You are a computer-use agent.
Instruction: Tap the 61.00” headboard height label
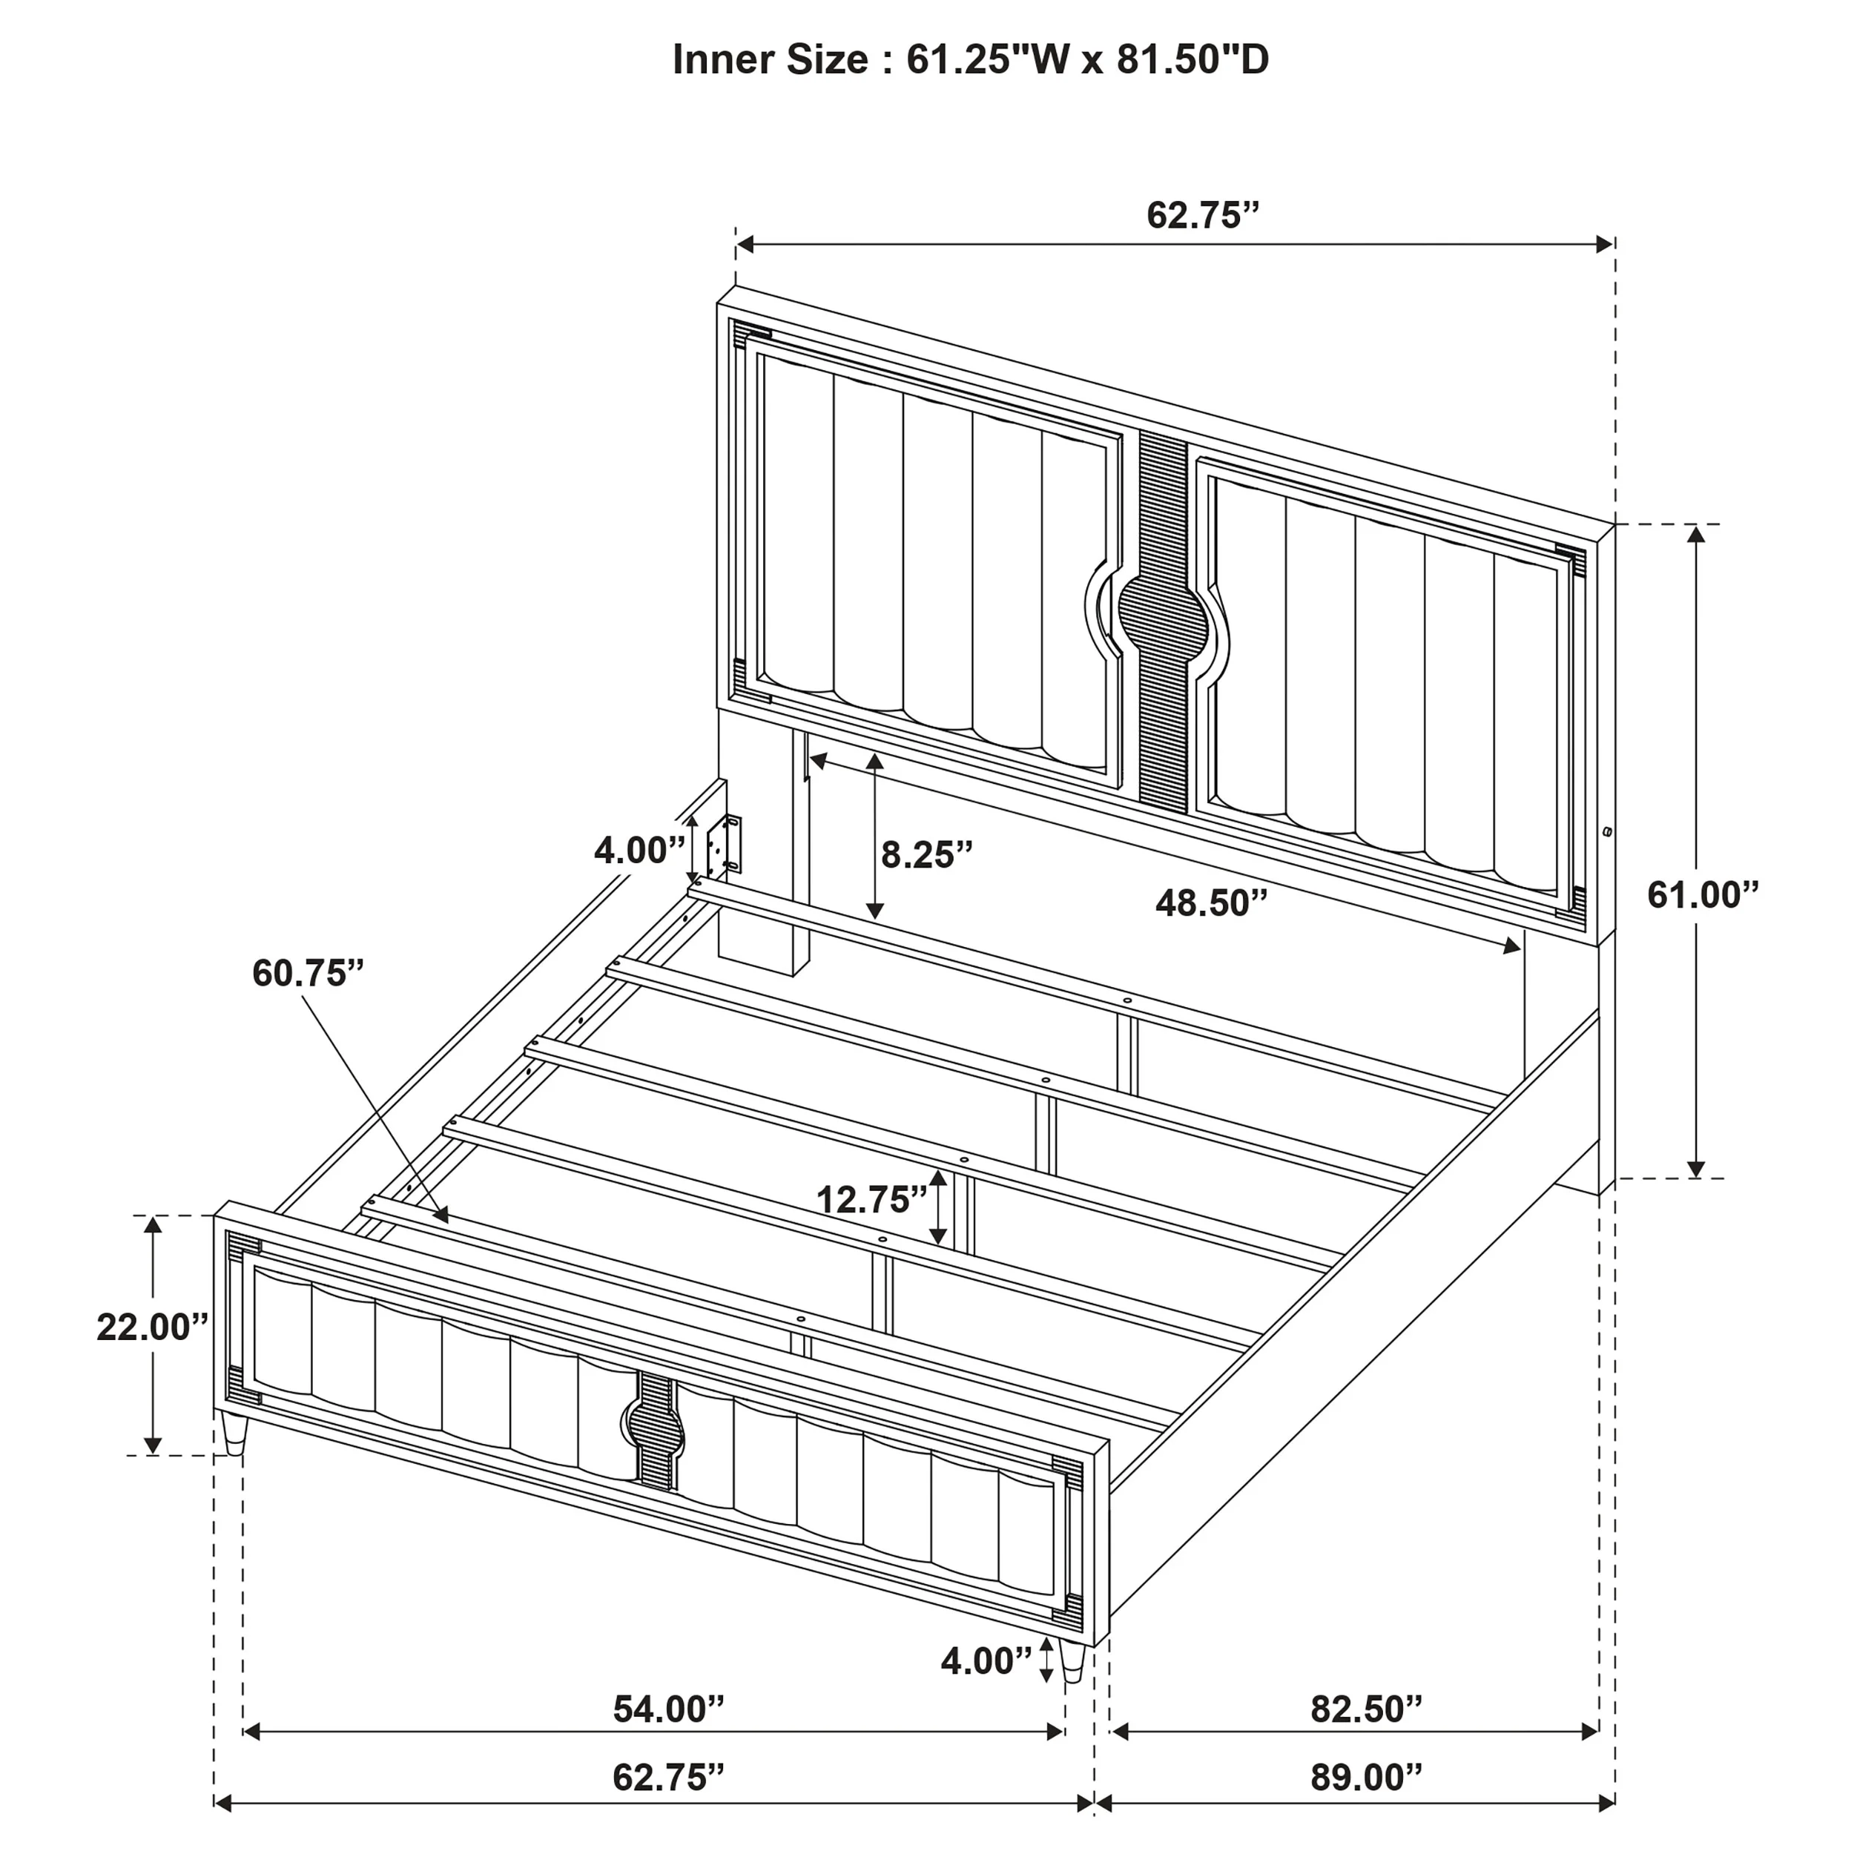[1703, 895]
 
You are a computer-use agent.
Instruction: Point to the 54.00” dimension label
[669, 1709]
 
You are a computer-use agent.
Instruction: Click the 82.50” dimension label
[1367, 1709]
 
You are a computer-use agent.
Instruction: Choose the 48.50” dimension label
[1211, 903]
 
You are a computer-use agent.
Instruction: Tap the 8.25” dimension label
[927, 854]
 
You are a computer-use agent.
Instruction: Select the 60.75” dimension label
[308, 973]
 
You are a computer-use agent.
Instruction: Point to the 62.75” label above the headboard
[1201, 216]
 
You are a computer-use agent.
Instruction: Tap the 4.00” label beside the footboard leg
[986, 1661]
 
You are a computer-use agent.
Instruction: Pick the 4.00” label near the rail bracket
[639, 850]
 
